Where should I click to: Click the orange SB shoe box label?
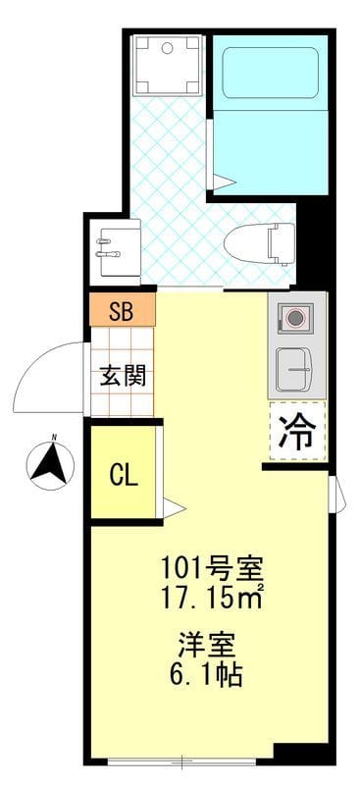pyautogui.click(x=123, y=310)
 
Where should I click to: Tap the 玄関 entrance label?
pyautogui.click(x=123, y=376)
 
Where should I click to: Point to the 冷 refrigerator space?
pyautogui.click(x=297, y=431)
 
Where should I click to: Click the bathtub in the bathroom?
pyautogui.click(x=270, y=73)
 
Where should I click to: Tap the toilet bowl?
pyautogui.click(x=258, y=243)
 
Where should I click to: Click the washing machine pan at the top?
pyautogui.click(x=167, y=65)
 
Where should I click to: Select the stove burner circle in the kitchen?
pyautogui.click(x=295, y=317)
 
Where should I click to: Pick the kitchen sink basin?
pyautogui.click(x=294, y=370)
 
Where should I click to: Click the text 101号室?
pyautogui.click(x=211, y=568)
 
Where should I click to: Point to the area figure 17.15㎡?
pyautogui.click(x=211, y=597)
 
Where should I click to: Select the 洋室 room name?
pyautogui.click(x=206, y=646)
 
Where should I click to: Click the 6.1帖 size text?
pyautogui.click(x=206, y=675)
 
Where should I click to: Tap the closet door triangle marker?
pyautogui.click(x=174, y=508)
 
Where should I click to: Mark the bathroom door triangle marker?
pyautogui.click(x=224, y=182)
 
